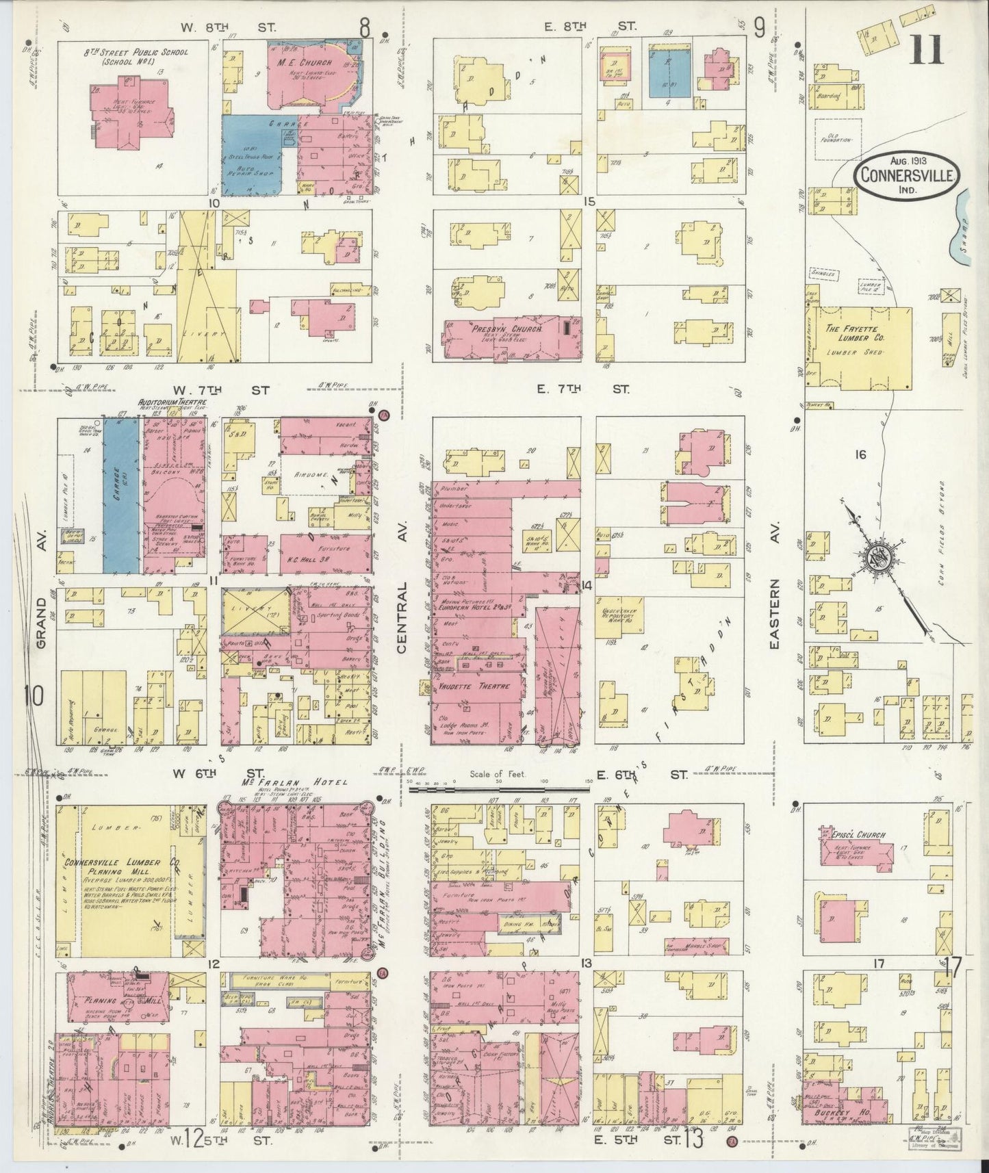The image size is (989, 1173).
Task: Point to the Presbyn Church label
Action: click(506, 329)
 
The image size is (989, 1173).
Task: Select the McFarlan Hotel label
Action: click(293, 782)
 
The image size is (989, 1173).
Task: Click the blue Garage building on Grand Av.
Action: click(122, 496)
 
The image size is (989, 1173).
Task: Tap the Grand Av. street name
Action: click(42, 624)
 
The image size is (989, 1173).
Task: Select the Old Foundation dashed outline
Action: click(838, 140)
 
